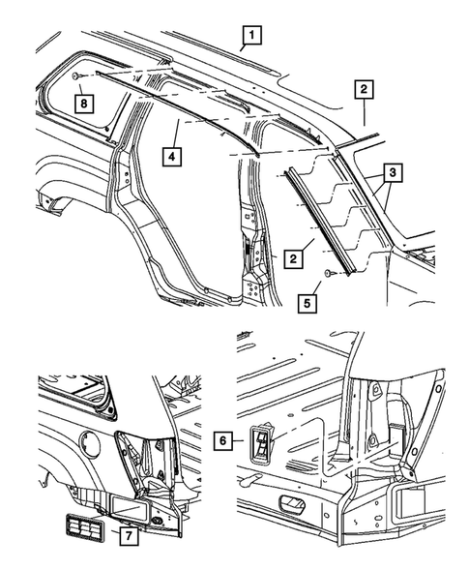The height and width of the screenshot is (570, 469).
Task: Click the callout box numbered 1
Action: coord(249,38)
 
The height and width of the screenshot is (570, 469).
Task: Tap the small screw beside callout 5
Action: coord(332,276)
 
